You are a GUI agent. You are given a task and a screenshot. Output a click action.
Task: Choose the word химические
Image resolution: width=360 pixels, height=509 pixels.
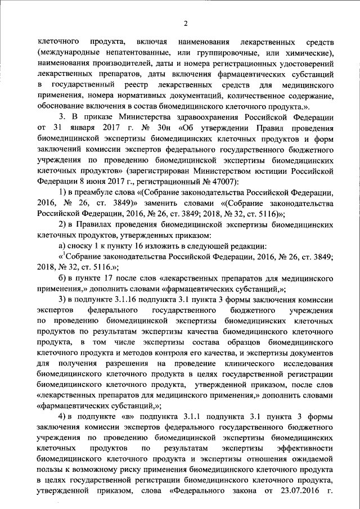pos(310,53)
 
